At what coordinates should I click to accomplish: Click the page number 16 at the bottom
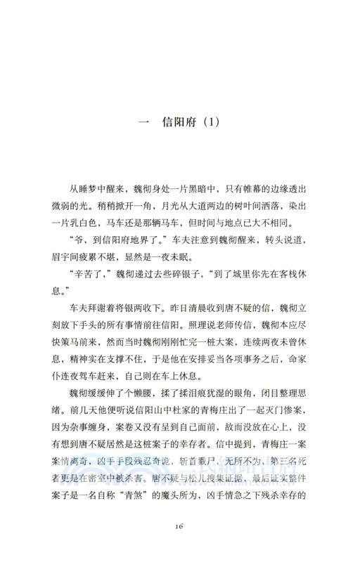(x=180, y=527)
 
